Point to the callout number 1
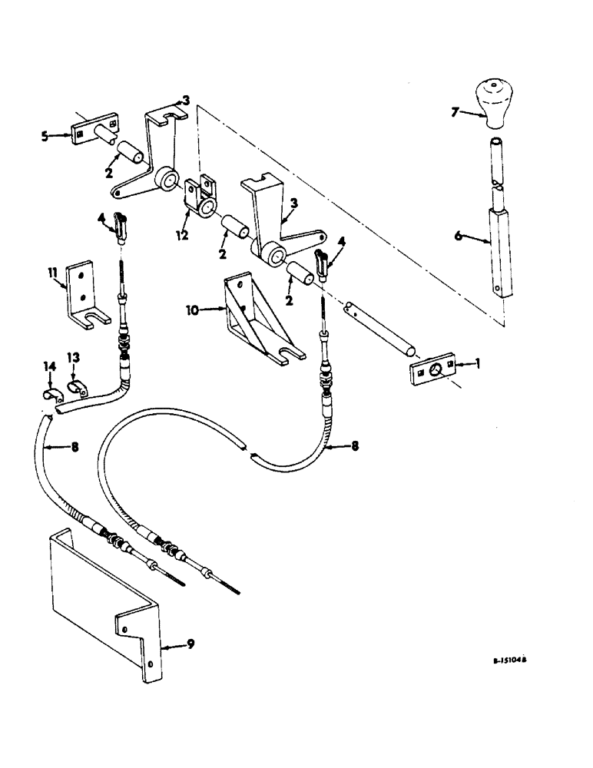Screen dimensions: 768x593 coord(479,366)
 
